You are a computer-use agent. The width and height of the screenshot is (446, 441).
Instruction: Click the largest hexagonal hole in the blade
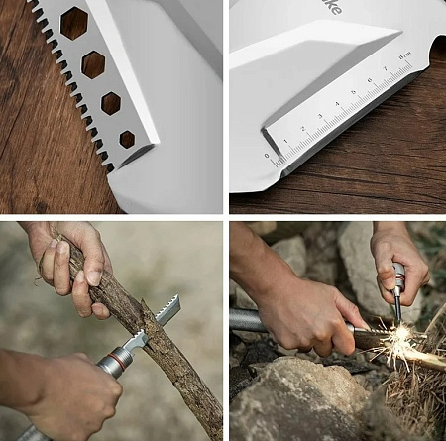click(73, 23)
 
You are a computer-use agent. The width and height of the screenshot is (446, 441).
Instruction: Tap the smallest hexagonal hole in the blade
click(127, 139)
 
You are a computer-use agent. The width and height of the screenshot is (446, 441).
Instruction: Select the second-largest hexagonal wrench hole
click(93, 64)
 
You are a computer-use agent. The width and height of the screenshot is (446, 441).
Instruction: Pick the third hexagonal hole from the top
click(111, 103)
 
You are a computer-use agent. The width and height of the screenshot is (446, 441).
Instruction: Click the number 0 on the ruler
click(267, 155)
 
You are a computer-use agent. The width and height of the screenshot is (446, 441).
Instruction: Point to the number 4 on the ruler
click(337, 104)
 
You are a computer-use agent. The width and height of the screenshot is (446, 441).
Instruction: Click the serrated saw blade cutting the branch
click(167, 311)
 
